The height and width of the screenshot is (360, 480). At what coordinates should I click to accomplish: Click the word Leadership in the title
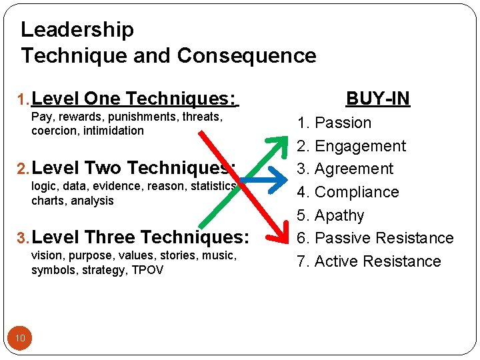click(x=77, y=30)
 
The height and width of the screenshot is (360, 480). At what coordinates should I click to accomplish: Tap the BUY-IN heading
click(x=378, y=99)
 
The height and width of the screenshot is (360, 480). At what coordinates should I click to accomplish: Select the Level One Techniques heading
click(x=133, y=99)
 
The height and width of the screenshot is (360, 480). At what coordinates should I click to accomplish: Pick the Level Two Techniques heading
click(x=133, y=168)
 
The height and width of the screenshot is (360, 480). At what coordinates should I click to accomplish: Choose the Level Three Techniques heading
click(x=140, y=237)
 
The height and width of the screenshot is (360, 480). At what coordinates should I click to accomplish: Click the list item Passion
click(x=343, y=123)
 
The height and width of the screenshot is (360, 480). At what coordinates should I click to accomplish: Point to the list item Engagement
click(x=360, y=146)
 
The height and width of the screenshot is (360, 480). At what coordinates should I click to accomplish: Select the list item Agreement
click(x=354, y=169)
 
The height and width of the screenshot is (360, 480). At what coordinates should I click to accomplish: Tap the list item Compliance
click(x=357, y=192)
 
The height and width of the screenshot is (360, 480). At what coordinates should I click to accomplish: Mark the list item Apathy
click(x=339, y=215)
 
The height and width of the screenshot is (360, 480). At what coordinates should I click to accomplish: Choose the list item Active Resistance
click(x=377, y=261)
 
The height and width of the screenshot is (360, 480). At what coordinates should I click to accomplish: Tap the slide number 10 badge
click(x=20, y=339)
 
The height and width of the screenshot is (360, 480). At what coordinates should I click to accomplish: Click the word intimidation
click(x=113, y=131)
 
